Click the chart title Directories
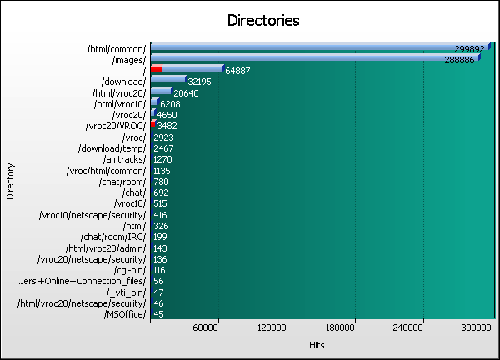tap(263, 20)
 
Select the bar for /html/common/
tap(321, 47)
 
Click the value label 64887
tap(242, 72)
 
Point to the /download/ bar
tap(168, 80)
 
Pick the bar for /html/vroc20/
tap(162, 92)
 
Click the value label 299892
tap(469, 49)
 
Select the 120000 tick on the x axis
tap(286, 327)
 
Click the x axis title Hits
tap(317, 345)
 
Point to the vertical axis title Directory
tap(10, 181)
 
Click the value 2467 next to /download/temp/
tap(165, 148)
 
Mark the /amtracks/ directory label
tap(122, 159)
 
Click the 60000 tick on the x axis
tap(217, 327)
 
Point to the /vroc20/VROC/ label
tap(116, 126)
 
